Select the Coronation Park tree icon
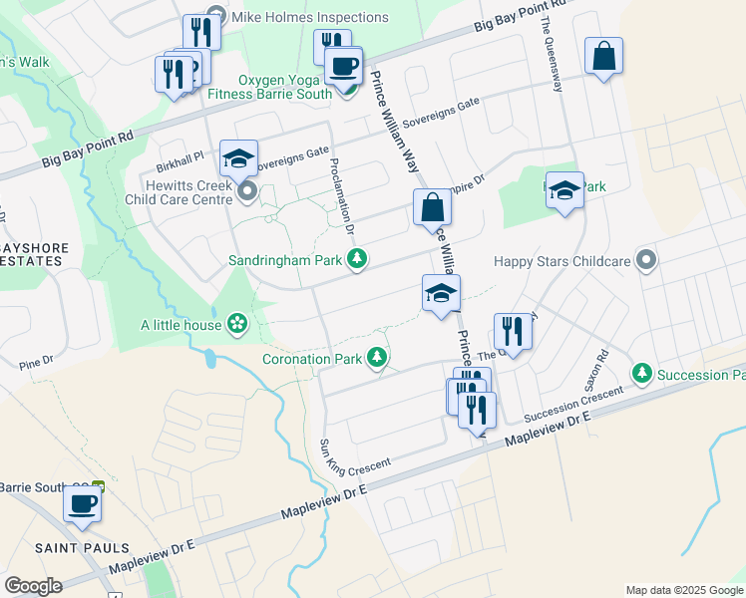click(376, 357)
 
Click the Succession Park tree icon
click(642, 374)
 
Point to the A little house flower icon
click(237, 323)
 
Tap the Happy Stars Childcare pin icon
click(646, 261)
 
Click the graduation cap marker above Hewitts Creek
click(238, 157)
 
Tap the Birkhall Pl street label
click(180, 156)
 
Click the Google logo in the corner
click(33, 585)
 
